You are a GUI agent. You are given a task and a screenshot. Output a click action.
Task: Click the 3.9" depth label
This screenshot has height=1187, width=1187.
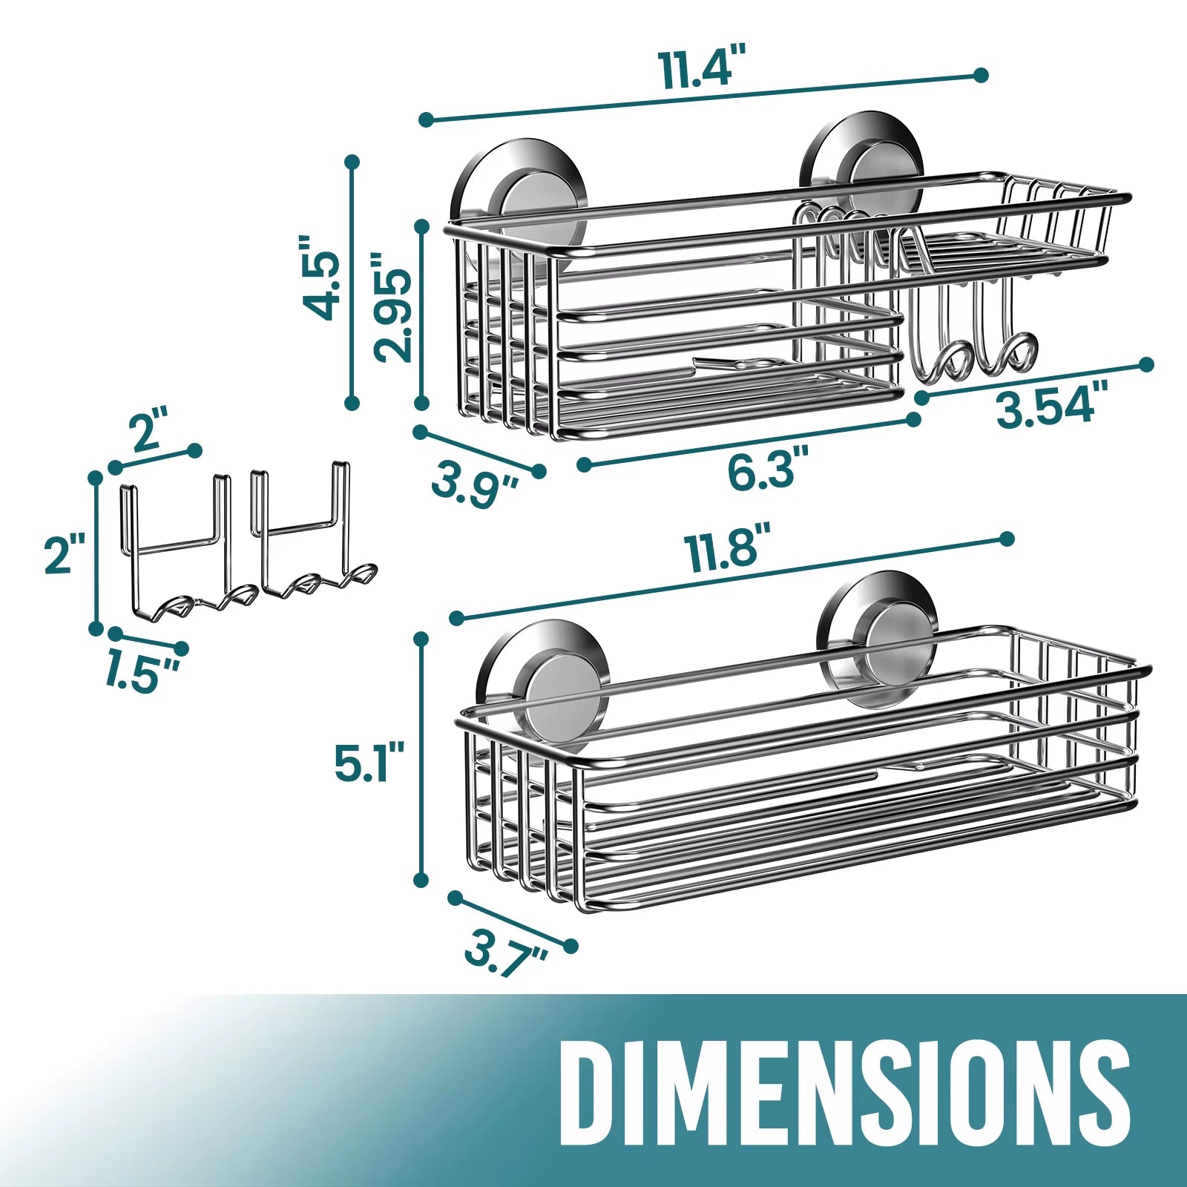tap(476, 483)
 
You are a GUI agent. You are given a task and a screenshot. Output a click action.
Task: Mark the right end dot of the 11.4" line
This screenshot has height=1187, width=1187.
tap(981, 75)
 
